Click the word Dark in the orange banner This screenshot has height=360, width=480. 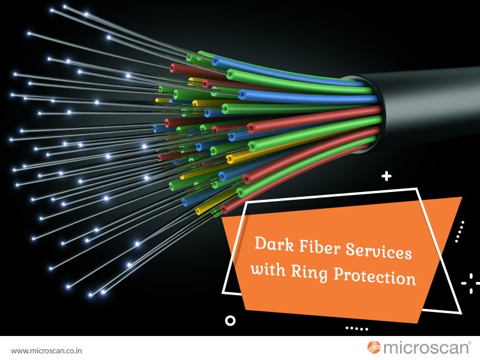(274, 244)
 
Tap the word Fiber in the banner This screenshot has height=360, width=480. (319, 247)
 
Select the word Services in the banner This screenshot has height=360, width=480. (379, 251)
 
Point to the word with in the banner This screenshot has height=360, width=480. (268, 269)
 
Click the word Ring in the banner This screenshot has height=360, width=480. (309, 272)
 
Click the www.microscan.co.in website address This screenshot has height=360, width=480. (46, 350)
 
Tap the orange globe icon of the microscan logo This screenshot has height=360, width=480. (374, 347)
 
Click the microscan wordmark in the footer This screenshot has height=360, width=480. (426, 348)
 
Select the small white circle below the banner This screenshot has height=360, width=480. (230, 320)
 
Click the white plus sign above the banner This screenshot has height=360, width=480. (386, 176)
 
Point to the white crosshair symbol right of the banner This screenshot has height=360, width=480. (470, 283)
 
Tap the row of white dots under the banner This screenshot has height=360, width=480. (356, 329)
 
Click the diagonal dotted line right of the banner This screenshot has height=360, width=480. (460, 232)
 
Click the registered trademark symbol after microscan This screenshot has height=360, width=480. (470, 343)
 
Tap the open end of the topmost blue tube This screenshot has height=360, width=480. (215, 61)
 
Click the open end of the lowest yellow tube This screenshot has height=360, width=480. (198, 211)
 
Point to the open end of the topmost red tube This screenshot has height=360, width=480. (173, 68)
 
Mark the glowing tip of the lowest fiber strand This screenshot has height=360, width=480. (91, 295)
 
